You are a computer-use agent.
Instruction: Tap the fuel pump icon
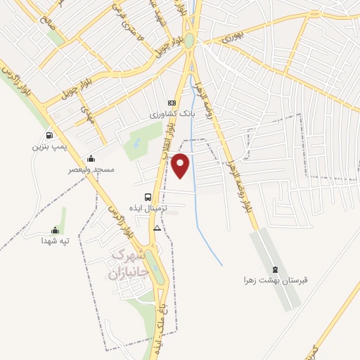(49, 136)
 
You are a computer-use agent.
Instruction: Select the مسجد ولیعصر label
(91, 169)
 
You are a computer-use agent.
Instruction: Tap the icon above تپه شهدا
(55, 229)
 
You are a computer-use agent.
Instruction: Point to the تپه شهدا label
(56, 240)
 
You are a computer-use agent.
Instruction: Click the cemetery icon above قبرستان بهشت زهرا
(274, 269)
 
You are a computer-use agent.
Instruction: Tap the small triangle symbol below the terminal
(157, 228)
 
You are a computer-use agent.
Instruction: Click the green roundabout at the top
(190, 41)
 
